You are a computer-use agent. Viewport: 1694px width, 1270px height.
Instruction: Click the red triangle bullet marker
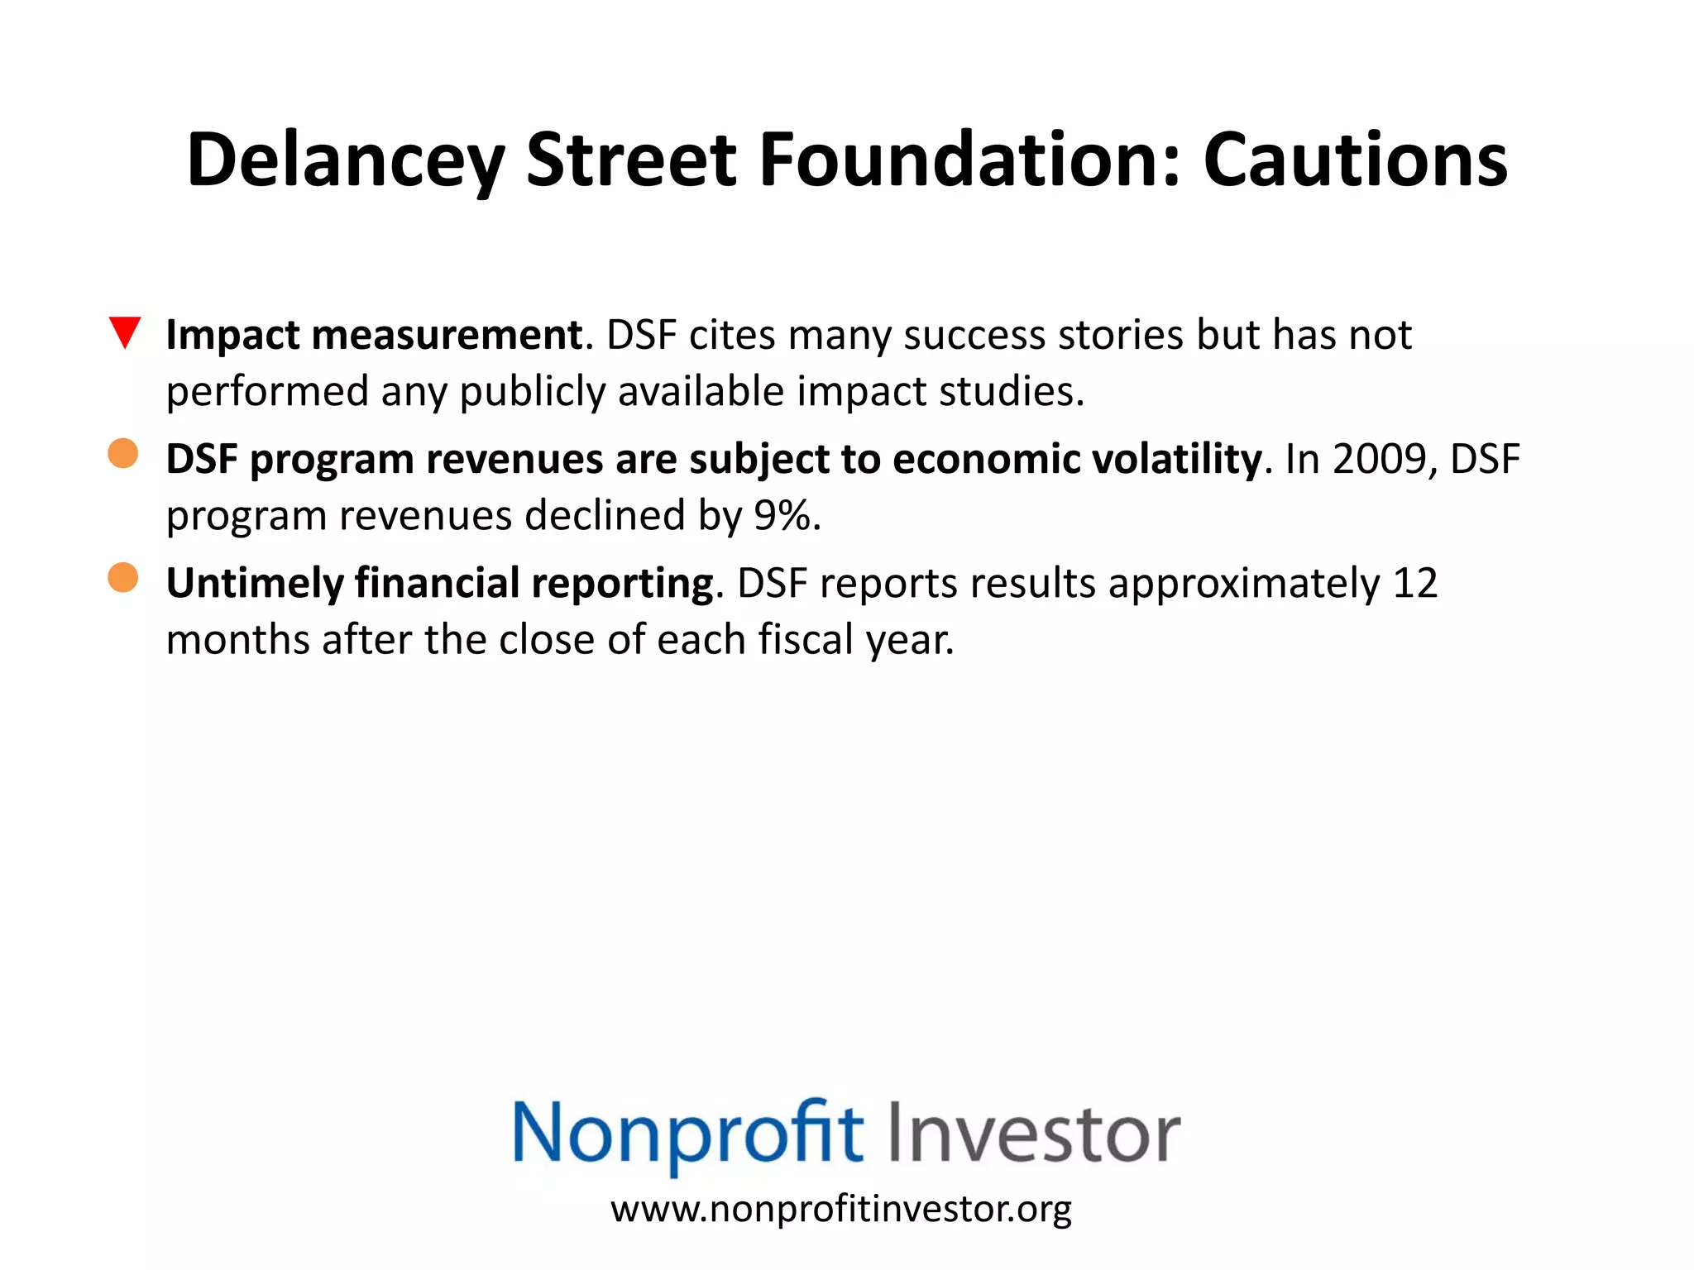click(x=125, y=332)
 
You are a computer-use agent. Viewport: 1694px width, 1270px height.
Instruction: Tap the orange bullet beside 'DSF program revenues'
click(x=123, y=453)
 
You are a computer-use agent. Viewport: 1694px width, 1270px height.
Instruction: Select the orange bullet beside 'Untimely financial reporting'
click(x=123, y=577)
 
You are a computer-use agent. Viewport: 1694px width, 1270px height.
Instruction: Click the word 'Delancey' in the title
click(x=345, y=161)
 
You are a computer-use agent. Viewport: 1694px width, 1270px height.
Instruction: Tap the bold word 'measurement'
click(x=447, y=335)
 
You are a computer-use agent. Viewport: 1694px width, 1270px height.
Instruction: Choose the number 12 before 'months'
click(x=1415, y=584)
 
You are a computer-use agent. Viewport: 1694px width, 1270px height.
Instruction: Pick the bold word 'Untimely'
click(x=254, y=585)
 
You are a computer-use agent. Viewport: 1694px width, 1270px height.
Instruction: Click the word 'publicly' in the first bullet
click(x=533, y=393)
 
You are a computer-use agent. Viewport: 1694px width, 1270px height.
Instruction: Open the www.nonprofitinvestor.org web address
click(x=841, y=1209)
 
